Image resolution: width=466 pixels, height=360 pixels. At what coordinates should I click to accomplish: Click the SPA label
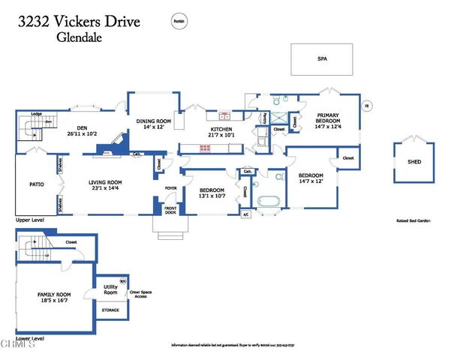pos(322,58)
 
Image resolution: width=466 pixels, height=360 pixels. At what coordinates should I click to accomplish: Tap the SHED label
pos(414,161)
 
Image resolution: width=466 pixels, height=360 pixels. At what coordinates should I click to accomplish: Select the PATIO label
pos(36,183)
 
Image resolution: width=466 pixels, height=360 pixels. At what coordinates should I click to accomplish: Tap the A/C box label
pos(245,214)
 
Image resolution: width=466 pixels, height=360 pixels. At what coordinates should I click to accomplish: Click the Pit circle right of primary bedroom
pos(368,106)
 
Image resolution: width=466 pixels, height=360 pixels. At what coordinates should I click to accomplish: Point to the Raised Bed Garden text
pos(412,220)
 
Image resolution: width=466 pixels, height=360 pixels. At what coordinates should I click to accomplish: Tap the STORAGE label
pos(110,309)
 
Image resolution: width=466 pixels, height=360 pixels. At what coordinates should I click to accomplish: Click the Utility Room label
pos(110,289)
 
